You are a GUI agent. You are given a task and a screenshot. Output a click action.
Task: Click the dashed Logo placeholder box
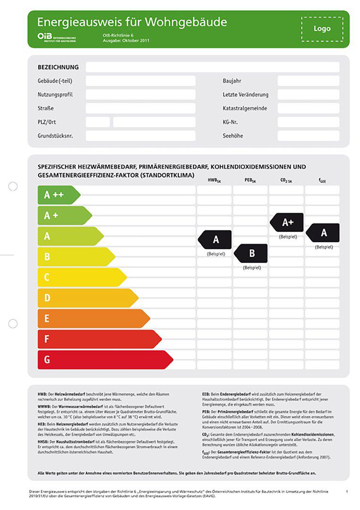coord(322,29)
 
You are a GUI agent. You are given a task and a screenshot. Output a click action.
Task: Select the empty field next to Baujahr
coord(308,81)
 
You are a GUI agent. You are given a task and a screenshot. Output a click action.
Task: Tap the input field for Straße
coord(140,108)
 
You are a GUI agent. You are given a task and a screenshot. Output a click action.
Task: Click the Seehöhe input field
coord(308,136)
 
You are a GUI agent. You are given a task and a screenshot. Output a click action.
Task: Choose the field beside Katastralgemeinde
coord(308,108)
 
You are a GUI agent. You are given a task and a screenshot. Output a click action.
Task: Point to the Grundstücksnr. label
coord(55,136)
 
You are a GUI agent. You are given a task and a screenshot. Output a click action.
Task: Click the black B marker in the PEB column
coord(251,253)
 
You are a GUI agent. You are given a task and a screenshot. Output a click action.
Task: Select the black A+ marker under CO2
coord(287,222)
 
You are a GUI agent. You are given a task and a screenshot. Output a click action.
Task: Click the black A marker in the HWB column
coord(215,239)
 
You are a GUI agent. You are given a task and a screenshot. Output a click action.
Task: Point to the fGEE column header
coord(322,180)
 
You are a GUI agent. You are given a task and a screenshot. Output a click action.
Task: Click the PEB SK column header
coord(251,180)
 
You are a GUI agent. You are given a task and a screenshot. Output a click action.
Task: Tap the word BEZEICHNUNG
coord(58,67)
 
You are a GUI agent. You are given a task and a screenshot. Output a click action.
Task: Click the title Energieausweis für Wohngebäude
coord(132,22)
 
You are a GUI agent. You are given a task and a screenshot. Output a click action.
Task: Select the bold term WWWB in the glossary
coord(44,406)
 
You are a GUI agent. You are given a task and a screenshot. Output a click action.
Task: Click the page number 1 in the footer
coord(347,492)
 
